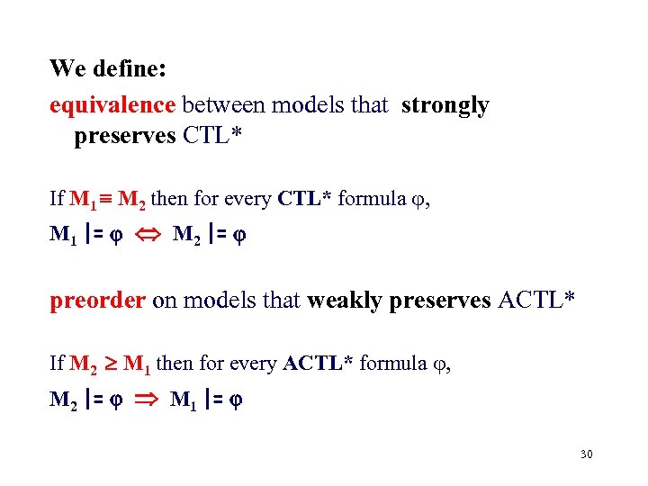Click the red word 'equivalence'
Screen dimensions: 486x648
click(x=112, y=105)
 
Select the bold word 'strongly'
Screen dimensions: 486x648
click(x=445, y=105)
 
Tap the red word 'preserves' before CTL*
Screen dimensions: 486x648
click(x=125, y=136)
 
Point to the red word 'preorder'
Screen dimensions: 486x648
click(x=97, y=300)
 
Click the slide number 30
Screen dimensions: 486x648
click(x=586, y=454)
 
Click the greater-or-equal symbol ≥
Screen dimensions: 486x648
click(x=106, y=364)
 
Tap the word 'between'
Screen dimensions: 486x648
click(x=223, y=105)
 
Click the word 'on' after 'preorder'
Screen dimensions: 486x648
click(x=163, y=300)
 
